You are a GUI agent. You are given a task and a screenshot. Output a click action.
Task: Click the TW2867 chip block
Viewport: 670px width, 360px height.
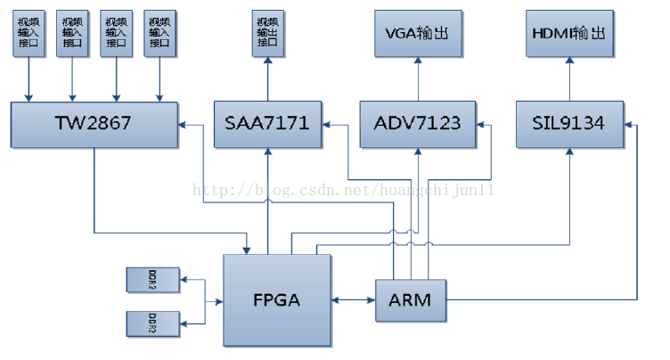[95, 124]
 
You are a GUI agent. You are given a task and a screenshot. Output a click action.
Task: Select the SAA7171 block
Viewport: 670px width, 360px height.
[267, 124]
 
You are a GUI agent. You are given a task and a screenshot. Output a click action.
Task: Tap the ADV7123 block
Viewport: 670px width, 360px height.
[417, 124]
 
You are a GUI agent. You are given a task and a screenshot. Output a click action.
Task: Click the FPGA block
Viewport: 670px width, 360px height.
[276, 300]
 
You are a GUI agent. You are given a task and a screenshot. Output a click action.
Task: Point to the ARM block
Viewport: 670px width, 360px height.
[410, 300]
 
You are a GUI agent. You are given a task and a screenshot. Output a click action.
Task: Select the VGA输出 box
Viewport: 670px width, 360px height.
[416, 34]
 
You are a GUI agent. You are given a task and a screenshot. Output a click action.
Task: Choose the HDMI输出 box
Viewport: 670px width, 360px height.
[568, 34]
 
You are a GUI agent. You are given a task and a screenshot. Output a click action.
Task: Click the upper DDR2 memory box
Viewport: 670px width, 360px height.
[153, 280]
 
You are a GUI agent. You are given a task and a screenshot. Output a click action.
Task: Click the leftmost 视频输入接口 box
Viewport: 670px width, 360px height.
[29, 32]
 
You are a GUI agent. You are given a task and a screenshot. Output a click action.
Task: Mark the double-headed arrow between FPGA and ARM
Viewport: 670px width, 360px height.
[354, 300]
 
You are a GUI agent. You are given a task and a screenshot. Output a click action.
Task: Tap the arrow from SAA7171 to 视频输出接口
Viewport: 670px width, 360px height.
[266, 80]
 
